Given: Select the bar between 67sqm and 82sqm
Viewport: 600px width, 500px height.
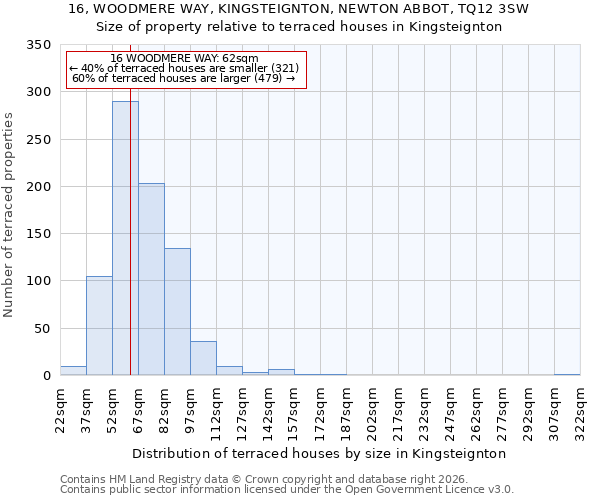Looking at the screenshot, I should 151,279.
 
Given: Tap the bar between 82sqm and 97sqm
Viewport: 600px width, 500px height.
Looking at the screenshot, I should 177,311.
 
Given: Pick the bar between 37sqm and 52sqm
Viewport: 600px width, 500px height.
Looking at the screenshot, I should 99,325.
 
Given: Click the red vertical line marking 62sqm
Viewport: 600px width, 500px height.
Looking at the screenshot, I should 130,220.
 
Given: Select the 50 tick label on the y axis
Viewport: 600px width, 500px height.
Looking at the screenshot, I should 42,328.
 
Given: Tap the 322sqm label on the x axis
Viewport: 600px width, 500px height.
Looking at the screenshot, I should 580,410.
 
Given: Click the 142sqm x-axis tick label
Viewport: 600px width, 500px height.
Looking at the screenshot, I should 268,410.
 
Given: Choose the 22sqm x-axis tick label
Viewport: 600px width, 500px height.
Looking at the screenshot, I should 60,410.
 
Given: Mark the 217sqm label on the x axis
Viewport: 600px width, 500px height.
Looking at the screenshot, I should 398,410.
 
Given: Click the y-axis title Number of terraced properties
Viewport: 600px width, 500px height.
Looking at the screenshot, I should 9,214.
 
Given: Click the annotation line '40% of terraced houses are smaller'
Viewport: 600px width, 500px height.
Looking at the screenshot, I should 184,68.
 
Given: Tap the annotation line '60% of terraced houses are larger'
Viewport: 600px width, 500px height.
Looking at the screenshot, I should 184,78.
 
